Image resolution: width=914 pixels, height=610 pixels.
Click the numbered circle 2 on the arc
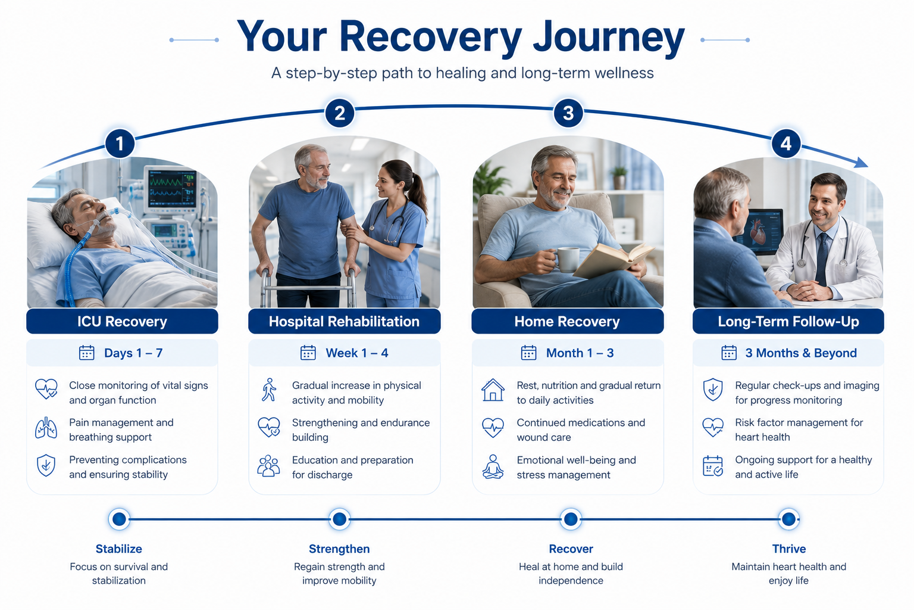(x=340, y=113)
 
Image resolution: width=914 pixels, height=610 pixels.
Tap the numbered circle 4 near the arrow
(x=786, y=144)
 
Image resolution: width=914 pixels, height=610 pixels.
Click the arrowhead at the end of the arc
(x=861, y=163)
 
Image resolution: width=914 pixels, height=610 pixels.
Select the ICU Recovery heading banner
(x=122, y=321)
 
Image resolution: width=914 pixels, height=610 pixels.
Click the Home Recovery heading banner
(x=567, y=321)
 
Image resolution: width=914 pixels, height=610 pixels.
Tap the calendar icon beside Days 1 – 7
(x=86, y=353)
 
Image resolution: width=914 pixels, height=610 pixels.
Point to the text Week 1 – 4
(x=356, y=353)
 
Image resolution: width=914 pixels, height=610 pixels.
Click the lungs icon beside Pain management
(x=46, y=428)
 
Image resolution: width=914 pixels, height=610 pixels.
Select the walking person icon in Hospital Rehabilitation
(x=269, y=390)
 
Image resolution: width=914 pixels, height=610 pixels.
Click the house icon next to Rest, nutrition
(x=493, y=390)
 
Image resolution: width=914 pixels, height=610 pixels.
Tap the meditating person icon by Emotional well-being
(x=493, y=466)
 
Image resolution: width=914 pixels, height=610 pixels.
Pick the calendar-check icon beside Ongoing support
(x=713, y=466)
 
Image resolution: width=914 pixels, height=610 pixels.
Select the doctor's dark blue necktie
(x=822, y=259)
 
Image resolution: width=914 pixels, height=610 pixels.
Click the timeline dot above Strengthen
(x=340, y=519)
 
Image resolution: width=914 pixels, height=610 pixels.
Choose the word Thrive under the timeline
(x=788, y=549)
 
